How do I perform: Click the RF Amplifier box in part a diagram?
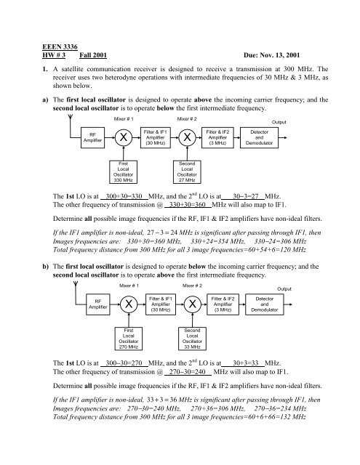pos(92,137)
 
